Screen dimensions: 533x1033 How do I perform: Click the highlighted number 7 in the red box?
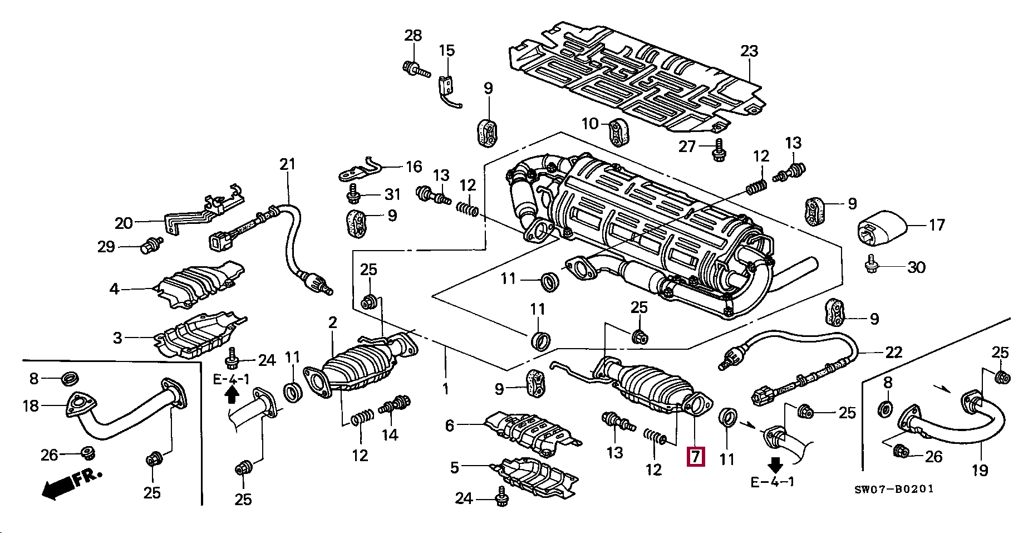pyautogui.click(x=696, y=457)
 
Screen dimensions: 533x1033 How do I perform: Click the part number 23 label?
pyautogui.click(x=749, y=51)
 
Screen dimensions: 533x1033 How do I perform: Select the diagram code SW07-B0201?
pyautogui.click(x=894, y=489)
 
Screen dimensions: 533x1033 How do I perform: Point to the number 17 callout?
pyautogui.click(x=937, y=224)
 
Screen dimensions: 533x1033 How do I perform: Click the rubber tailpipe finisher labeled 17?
pyautogui.click(x=881, y=228)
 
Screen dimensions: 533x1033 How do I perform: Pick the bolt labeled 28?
pyautogui.click(x=415, y=69)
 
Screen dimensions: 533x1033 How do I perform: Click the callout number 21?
pyautogui.click(x=287, y=164)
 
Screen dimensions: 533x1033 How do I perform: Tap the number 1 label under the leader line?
pyautogui.click(x=445, y=388)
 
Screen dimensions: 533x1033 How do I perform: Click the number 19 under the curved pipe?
pyautogui.click(x=980, y=470)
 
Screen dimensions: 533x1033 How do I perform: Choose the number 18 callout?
pyautogui.click(x=31, y=405)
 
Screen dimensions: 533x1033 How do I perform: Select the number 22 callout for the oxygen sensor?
pyautogui.click(x=893, y=353)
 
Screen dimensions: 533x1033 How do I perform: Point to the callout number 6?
pyautogui.click(x=450, y=426)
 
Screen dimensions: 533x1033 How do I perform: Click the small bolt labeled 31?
pyautogui.click(x=353, y=194)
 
